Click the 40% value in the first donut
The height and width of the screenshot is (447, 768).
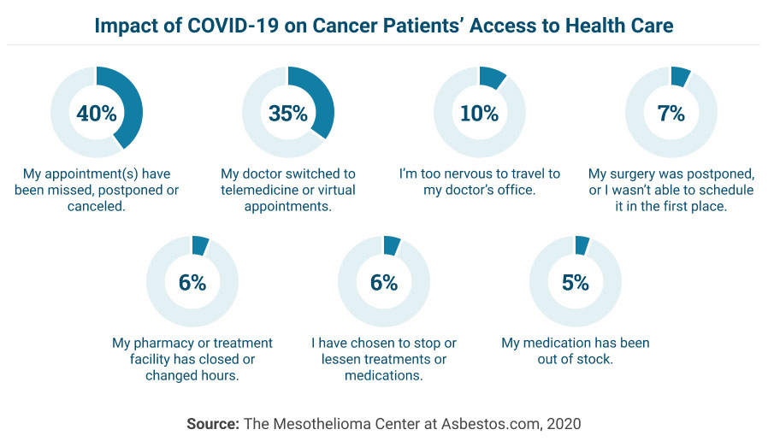[96, 113]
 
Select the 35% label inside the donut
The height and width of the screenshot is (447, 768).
[287, 113]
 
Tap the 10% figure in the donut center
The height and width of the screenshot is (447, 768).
[479, 113]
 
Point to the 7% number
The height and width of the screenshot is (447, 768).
[671, 113]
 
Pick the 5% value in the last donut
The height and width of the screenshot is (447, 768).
[575, 282]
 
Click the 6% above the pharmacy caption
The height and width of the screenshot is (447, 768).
[192, 282]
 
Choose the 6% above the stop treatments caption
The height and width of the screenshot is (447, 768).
[383, 282]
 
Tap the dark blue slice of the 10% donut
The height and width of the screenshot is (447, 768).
[493, 78]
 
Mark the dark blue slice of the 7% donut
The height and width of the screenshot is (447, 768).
[681, 76]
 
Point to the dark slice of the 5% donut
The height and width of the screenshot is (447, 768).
[582, 244]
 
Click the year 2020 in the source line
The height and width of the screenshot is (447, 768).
[564, 423]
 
